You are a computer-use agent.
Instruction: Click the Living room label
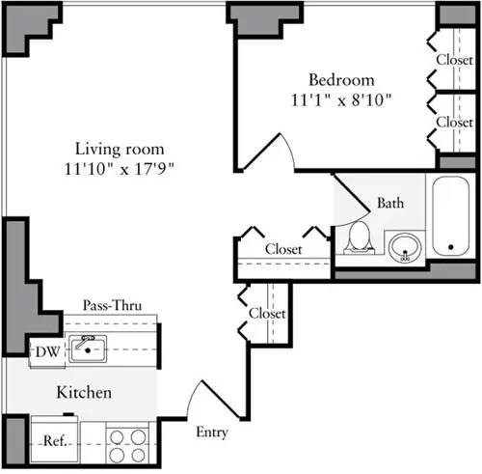point(120,150)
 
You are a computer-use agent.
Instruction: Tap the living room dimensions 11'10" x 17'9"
point(120,168)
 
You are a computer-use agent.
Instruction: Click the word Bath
point(389,204)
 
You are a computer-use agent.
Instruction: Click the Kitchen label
point(84,393)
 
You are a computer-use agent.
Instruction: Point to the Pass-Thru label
point(114,306)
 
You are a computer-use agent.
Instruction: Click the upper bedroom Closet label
point(454,58)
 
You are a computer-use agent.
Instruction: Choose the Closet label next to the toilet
point(283,249)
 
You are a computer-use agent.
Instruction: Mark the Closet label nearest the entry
point(267,314)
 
